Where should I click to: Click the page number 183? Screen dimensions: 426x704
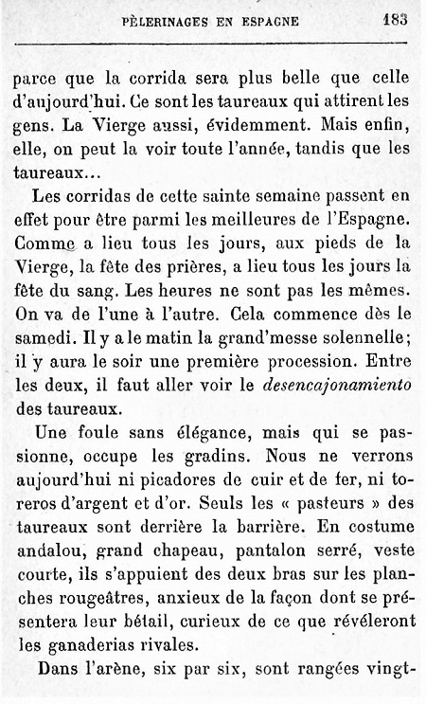point(395,19)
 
